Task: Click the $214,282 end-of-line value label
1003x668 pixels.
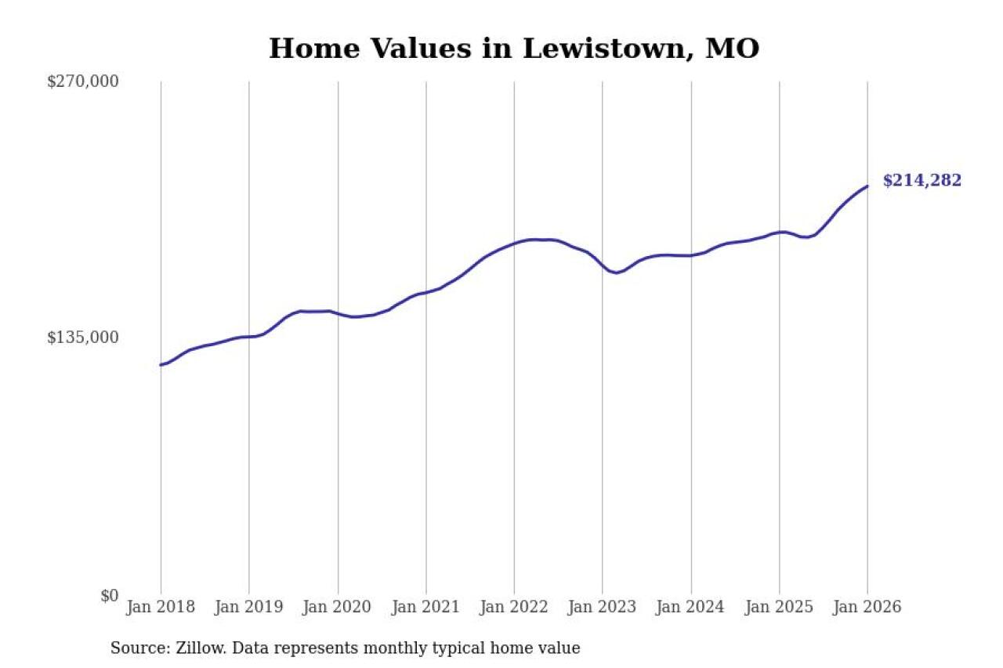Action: (922, 181)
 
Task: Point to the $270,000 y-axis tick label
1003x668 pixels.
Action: (82, 81)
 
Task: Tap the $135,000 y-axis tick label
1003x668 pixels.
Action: (82, 338)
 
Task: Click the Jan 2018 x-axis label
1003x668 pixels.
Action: (161, 608)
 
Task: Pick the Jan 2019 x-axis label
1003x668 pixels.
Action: (249, 608)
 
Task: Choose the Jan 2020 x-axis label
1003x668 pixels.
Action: (338, 608)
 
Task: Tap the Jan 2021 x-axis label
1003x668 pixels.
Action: (426, 608)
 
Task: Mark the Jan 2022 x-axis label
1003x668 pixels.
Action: (514, 608)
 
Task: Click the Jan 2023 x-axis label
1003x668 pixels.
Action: (603, 608)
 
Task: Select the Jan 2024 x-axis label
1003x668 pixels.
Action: (691, 608)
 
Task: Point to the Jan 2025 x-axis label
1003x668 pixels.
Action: (780, 608)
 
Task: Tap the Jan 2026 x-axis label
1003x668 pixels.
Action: (867, 608)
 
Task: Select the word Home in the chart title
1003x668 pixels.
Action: (307, 49)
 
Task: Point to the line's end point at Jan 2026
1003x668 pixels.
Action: (867, 186)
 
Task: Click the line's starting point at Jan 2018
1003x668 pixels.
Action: (161, 365)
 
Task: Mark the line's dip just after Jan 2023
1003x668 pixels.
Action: (617, 273)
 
